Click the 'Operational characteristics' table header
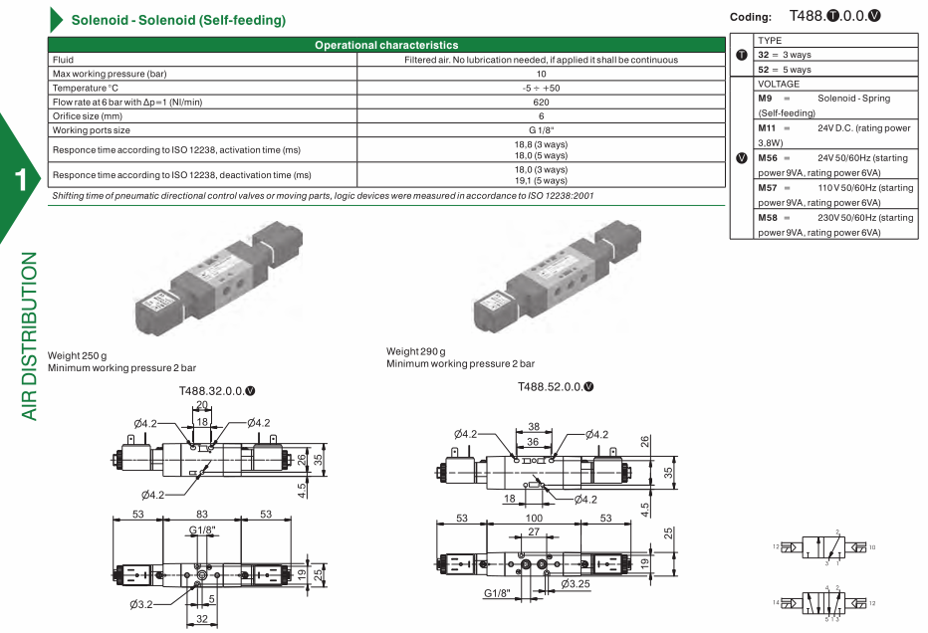[386, 45]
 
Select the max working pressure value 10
[541, 74]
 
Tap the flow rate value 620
[541, 102]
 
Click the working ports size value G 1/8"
[541, 129]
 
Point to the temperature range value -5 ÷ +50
[541, 88]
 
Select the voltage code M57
[768, 187]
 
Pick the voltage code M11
[768, 127]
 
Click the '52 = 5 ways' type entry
[785, 70]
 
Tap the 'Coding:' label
[751, 17]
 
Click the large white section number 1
[20, 179]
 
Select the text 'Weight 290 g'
[416, 351]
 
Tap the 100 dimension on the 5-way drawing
[534, 519]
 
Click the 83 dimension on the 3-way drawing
[202, 515]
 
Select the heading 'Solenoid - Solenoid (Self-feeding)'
[178, 20]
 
